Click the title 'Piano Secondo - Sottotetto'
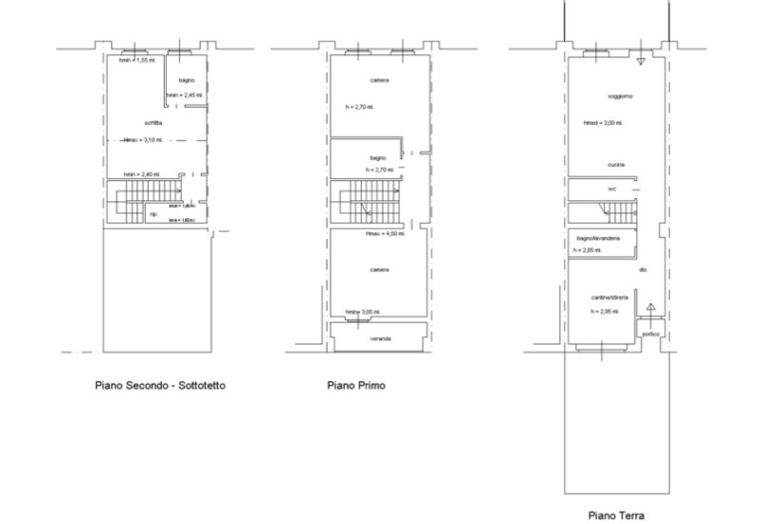[160, 386]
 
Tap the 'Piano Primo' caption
[356, 386]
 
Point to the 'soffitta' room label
[152, 124]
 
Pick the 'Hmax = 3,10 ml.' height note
[144, 140]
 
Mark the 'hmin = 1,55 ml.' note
[138, 60]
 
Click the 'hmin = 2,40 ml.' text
[142, 174]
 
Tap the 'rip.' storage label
[153, 214]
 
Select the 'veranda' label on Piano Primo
[380, 338]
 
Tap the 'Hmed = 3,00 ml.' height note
[602, 122]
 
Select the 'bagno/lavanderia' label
[598, 237]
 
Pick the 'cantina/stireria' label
[607, 296]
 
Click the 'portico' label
[652, 334]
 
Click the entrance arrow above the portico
[652, 308]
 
